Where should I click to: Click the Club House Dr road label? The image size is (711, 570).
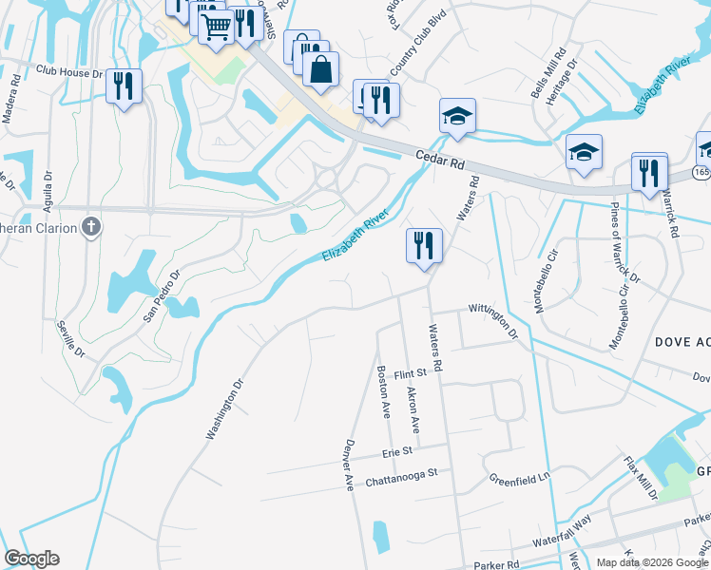[68, 72]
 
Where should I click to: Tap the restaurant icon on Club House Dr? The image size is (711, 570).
[124, 87]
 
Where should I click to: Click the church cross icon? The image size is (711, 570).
[90, 227]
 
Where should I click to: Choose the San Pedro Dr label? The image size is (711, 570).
[162, 296]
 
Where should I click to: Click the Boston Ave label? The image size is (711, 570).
[384, 393]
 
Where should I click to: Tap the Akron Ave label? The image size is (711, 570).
[413, 404]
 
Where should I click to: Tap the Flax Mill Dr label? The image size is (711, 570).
[640, 479]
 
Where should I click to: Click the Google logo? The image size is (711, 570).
[31, 559]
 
